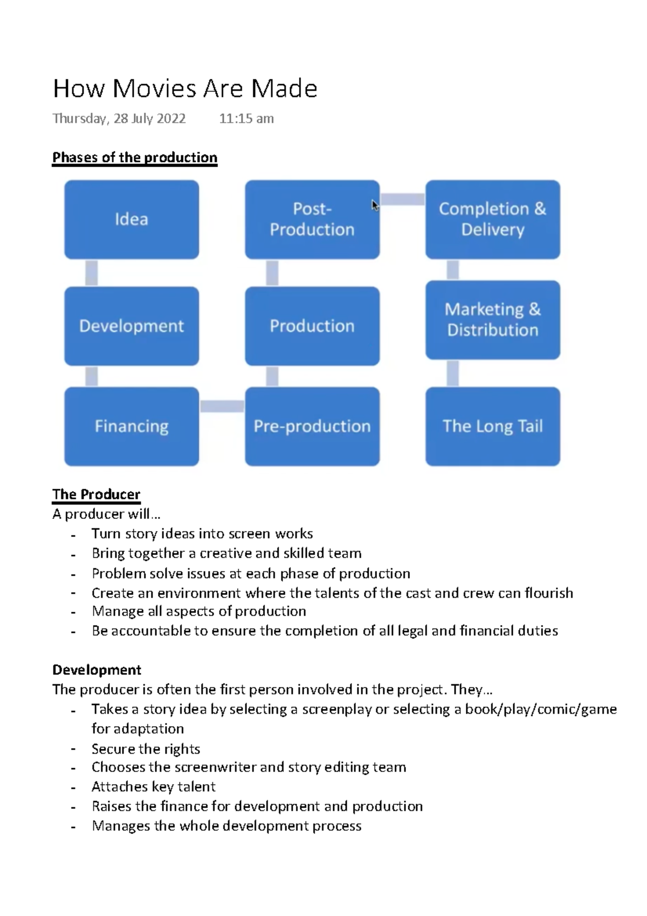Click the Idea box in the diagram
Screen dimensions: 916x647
[x=132, y=220]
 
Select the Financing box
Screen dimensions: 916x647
[x=132, y=426]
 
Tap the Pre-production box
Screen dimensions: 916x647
[x=312, y=426]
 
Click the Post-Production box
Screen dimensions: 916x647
[x=312, y=220]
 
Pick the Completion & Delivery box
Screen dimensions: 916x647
[x=492, y=220]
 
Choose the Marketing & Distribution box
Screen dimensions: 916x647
[x=492, y=320]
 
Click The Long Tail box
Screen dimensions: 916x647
[x=492, y=426]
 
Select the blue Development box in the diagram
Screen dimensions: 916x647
[x=132, y=326]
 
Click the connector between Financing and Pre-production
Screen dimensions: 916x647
[x=222, y=406]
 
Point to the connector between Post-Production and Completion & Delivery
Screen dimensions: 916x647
[x=402, y=199]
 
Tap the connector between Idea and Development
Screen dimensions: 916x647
[x=92, y=273]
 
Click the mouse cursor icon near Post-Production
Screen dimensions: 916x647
[x=375, y=206]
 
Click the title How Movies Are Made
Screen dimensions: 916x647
[x=185, y=88]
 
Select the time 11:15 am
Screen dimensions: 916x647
[x=246, y=119]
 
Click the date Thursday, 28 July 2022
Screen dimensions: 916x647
[x=119, y=119]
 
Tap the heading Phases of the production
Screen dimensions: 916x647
[x=135, y=158]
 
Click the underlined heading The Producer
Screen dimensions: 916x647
[x=96, y=494]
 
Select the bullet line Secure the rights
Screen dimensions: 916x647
[x=146, y=749]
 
